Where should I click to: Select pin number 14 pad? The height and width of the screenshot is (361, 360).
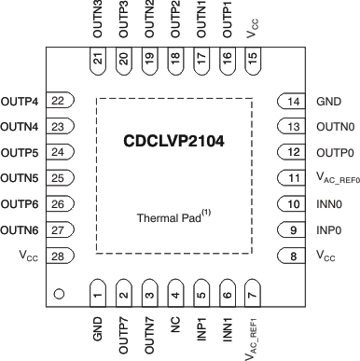[293, 102]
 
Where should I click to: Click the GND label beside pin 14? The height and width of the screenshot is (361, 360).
[328, 102]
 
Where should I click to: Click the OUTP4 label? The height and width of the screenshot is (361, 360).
[20, 102]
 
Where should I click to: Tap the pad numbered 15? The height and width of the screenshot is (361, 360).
[252, 58]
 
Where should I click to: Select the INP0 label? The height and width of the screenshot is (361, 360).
[328, 255]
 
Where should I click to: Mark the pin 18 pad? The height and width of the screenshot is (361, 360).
[175, 58]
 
